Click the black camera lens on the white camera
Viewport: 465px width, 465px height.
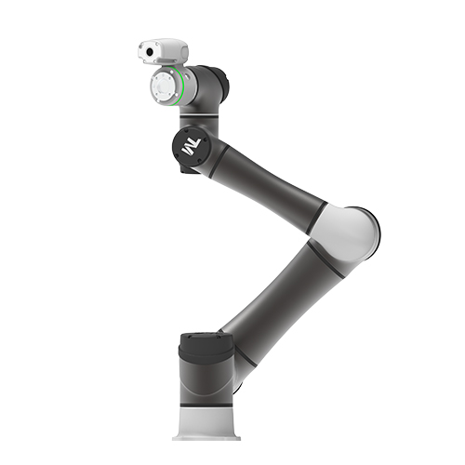[150, 52]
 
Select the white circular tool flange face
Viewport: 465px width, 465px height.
[161, 86]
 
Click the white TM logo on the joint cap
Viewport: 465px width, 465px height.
[193, 147]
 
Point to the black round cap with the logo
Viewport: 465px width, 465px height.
[190, 146]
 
